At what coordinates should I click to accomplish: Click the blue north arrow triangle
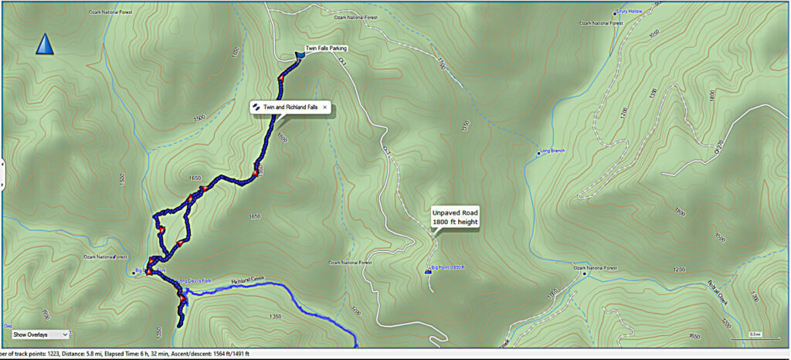pos(46,44)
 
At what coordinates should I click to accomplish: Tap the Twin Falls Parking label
pos(324,49)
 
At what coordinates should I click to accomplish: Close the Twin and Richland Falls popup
pos(325,107)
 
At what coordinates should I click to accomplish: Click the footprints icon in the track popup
pos(256,107)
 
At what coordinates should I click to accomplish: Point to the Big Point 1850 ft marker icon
pos(429,270)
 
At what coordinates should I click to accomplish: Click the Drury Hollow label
pos(631,12)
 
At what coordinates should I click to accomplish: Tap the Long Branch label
pos(554,152)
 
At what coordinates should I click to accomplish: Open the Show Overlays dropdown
pos(39,335)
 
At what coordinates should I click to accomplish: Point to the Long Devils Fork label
pos(195,280)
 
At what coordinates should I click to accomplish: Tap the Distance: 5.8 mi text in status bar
pos(72,354)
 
